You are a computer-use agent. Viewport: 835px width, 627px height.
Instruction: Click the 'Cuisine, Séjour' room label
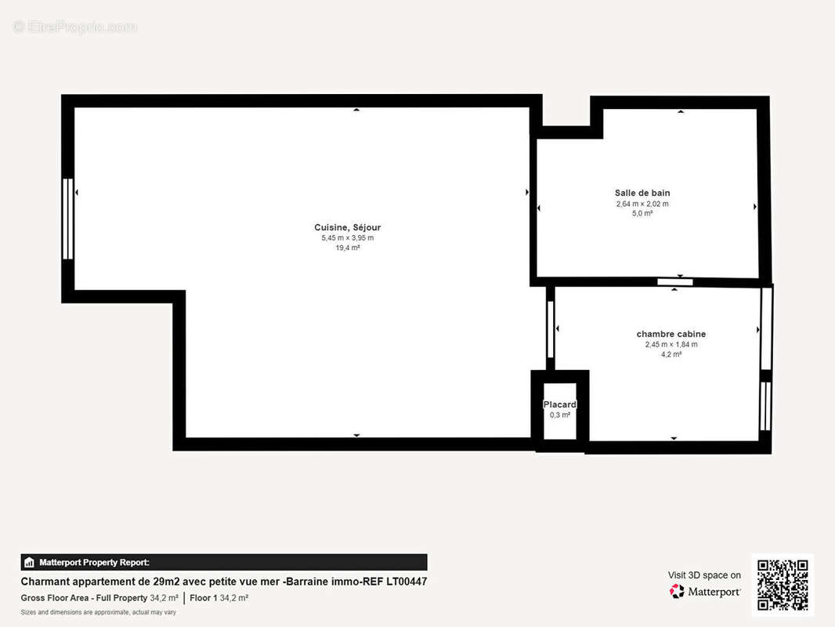point(347,227)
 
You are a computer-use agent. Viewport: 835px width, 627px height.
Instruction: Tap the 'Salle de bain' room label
point(642,193)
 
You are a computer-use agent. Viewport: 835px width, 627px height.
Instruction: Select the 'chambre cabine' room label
point(671,334)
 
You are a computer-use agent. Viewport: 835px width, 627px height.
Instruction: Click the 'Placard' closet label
point(560,404)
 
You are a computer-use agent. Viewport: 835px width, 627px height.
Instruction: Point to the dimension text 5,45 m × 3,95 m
point(347,238)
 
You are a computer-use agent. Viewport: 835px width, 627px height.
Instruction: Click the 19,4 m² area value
point(347,248)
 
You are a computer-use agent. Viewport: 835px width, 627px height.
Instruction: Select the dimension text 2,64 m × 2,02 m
point(642,204)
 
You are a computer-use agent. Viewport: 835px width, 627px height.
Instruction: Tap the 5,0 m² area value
point(642,214)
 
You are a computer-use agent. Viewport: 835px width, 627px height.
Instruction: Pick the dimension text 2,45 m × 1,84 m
point(671,345)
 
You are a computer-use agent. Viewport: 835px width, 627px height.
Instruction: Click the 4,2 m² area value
point(671,354)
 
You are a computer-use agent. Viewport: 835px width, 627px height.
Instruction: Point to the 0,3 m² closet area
point(560,415)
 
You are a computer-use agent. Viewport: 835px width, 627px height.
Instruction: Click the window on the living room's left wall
point(67,219)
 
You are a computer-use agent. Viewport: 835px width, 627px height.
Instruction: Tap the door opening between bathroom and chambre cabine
point(674,282)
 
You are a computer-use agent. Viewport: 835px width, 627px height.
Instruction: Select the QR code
point(783,585)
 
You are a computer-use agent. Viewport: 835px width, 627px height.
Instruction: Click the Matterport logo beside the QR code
point(704,591)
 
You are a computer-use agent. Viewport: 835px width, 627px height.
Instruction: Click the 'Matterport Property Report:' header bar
point(224,562)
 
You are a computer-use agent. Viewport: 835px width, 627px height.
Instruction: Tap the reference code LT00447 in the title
point(407,582)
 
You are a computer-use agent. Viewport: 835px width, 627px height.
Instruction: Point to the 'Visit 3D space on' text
point(704,575)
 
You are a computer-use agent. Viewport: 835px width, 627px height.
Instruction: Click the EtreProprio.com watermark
point(75,27)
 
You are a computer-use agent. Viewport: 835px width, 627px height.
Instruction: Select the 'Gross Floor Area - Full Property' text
point(84,598)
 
